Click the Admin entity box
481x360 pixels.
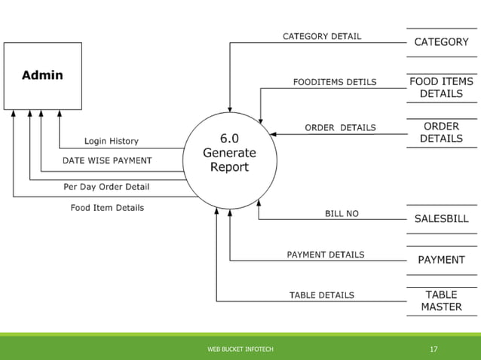[x=43, y=75]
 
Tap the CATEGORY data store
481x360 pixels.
[x=441, y=42]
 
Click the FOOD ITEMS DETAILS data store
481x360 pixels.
[x=441, y=87]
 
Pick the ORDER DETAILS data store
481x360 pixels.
[x=441, y=133]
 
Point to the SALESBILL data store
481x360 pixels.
[x=441, y=219]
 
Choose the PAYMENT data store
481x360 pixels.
[x=441, y=260]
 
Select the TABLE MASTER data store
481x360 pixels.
[x=441, y=301]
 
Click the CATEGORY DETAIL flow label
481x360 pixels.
[x=321, y=36]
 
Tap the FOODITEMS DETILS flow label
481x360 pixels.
[x=335, y=82]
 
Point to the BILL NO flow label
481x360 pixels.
[x=342, y=214]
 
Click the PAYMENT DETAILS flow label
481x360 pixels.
[x=325, y=255]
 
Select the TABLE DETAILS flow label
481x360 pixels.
[x=321, y=295]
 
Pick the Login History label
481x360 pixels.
[x=111, y=141]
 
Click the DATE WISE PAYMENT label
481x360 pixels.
[x=106, y=160]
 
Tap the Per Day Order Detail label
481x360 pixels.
[x=106, y=187]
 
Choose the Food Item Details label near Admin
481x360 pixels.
[x=107, y=208]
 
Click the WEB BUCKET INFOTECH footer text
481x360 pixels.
[x=240, y=349]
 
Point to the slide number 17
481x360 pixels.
[x=434, y=349]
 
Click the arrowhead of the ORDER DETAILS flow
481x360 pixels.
[x=273, y=134]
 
